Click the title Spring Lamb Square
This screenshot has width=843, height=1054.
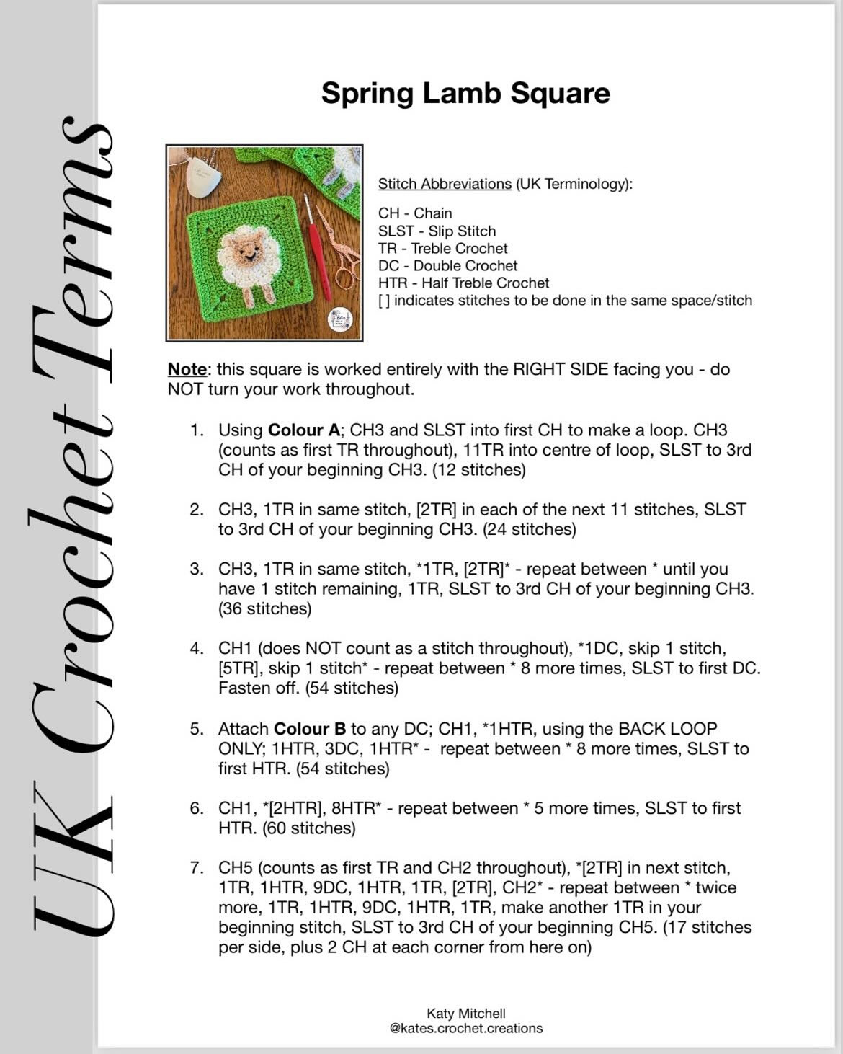[465, 94]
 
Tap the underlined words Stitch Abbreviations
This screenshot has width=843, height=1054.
[445, 184]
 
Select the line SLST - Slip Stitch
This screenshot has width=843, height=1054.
[437, 231]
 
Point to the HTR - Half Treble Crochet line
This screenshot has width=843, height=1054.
[463, 283]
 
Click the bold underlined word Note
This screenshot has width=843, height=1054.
[187, 369]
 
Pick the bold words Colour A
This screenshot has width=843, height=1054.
[303, 430]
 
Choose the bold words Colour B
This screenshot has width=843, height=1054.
[310, 729]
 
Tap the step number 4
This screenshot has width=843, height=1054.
[197, 648]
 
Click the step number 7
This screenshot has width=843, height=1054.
[197, 868]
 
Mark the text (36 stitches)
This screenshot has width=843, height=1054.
[265, 609]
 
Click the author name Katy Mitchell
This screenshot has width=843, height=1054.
[465, 1014]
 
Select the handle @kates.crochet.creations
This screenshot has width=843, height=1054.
[465, 1029]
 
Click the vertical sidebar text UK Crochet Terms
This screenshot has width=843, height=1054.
[68, 526]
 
